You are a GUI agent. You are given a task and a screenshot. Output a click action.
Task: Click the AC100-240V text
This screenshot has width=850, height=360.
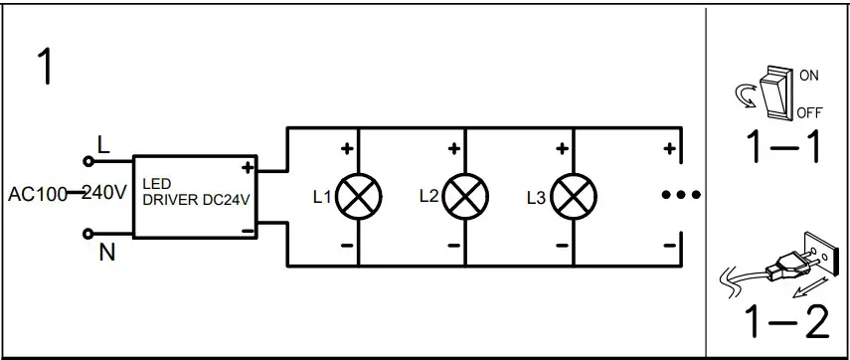coord(67,193)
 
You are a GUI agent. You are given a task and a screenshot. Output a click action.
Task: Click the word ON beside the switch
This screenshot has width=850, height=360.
coord(809,75)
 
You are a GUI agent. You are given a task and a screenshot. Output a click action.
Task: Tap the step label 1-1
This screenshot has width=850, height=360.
coord(784,146)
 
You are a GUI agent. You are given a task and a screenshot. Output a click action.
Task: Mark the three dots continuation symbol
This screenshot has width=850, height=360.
coord(682,195)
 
